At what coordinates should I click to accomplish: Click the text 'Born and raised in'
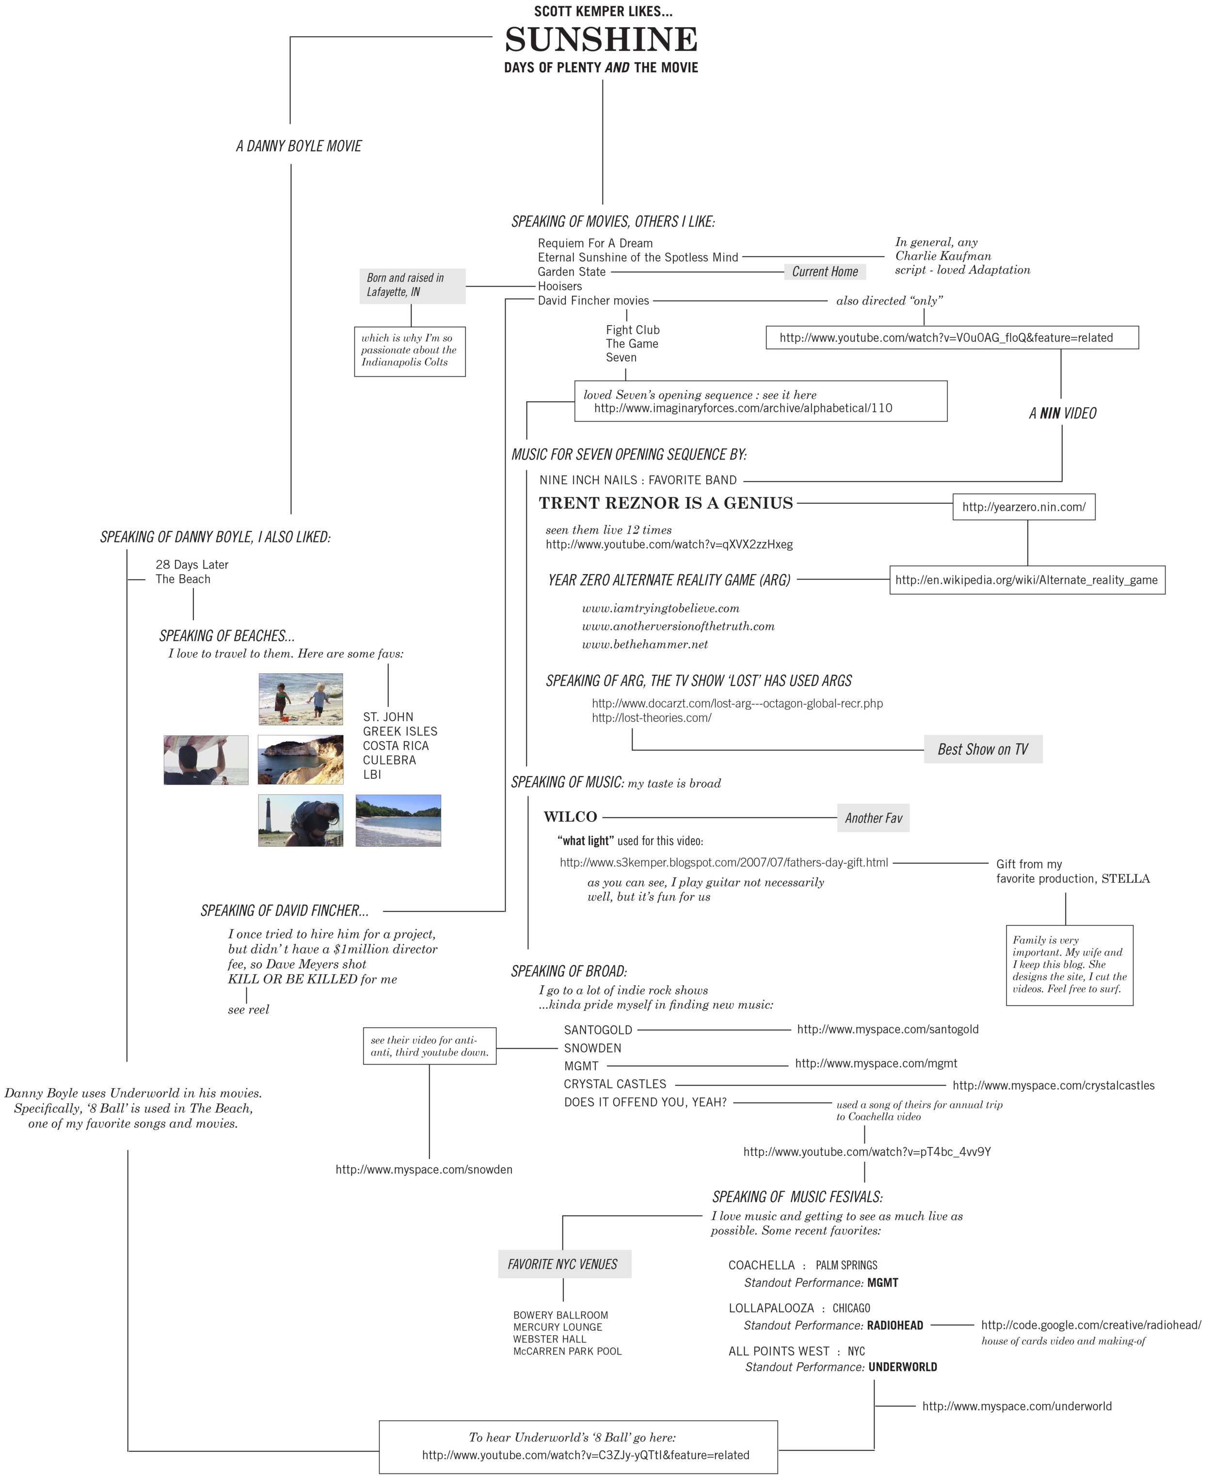(405, 278)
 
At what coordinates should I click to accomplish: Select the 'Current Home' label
(825, 271)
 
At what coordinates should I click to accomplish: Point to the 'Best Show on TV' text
(982, 749)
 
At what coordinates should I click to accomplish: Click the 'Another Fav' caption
(874, 818)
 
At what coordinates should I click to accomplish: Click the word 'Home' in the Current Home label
(844, 271)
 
